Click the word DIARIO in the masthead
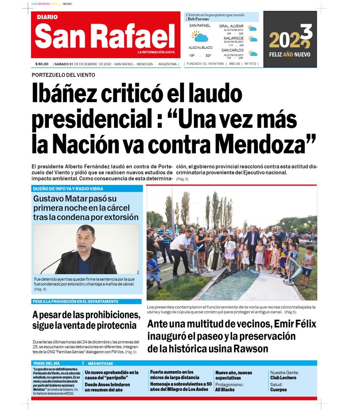tap(47, 17)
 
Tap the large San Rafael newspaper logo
tap(105, 36)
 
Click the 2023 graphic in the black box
tap(290, 38)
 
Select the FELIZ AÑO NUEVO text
tap(290, 54)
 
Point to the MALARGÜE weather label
tap(233, 38)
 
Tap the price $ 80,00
tap(42, 64)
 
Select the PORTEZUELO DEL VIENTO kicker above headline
tap(63, 75)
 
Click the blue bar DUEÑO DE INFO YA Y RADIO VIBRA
tap(68, 189)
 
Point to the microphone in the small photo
tap(74, 251)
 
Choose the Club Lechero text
tap(283, 377)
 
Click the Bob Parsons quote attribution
tap(198, 19)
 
